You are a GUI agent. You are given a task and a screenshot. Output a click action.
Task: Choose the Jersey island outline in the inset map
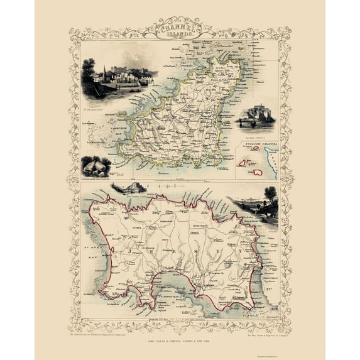pos(258,172)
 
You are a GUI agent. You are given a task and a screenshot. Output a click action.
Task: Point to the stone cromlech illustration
pos(96,166)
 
